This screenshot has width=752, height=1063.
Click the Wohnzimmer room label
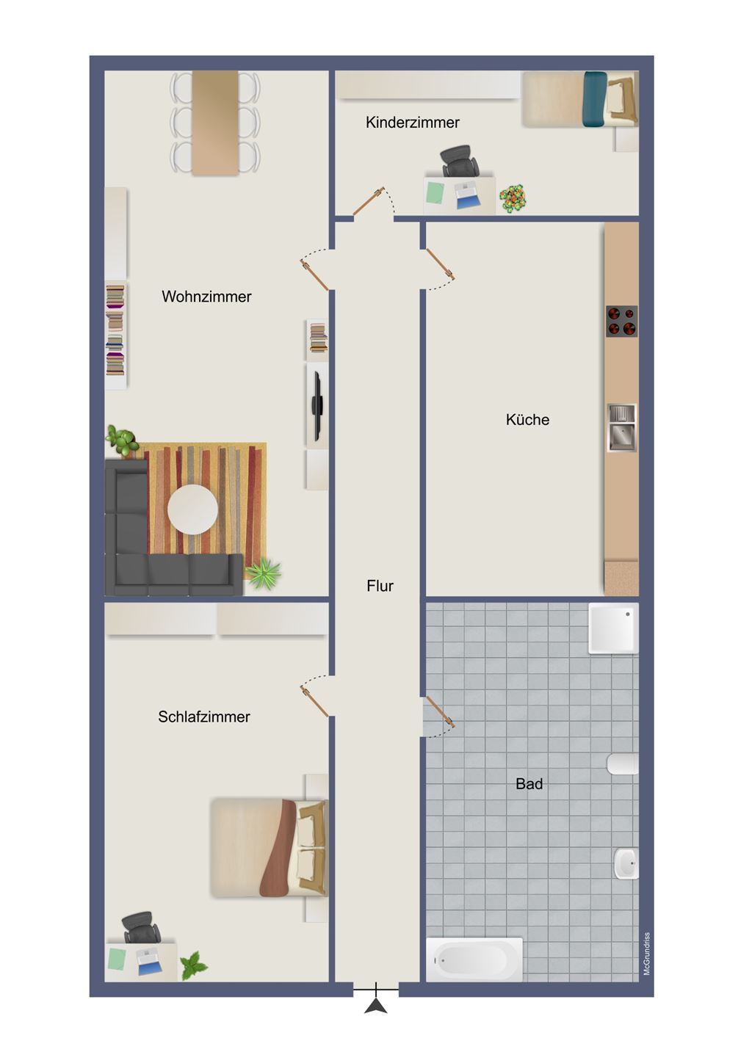pyautogui.click(x=206, y=297)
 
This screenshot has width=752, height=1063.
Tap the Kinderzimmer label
pyautogui.click(x=413, y=123)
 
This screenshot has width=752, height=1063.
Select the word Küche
pyautogui.click(x=527, y=419)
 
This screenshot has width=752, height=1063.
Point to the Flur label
pyautogui.click(x=380, y=586)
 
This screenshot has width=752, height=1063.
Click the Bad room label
pyautogui.click(x=529, y=783)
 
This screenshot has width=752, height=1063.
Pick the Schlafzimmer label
pyautogui.click(x=204, y=716)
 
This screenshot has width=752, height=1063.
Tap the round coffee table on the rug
pyautogui.click(x=192, y=509)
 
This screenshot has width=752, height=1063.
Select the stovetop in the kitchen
pyautogui.click(x=621, y=322)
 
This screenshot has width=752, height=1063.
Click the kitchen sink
pyautogui.click(x=622, y=427)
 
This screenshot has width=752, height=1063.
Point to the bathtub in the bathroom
pyautogui.click(x=474, y=959)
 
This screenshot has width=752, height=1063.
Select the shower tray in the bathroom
pyautogui.click(x=613, y=628)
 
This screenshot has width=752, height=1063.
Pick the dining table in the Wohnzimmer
pyautogui.click(x=215, y=123)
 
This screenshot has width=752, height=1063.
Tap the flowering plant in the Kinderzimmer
pyautogui.click(x=513, y=197)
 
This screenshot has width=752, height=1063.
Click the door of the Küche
pyautogui.click(x=440, y=264)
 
